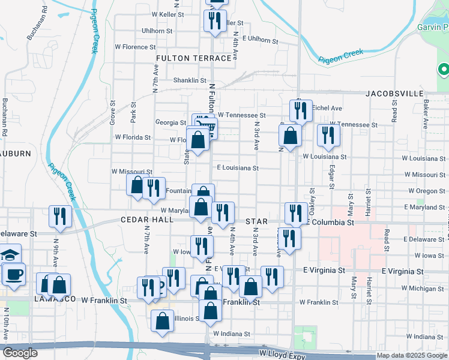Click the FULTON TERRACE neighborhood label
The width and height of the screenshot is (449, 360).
point(193,58)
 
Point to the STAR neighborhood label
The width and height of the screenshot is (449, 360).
point(256,221)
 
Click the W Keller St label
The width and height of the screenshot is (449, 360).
point(170,14)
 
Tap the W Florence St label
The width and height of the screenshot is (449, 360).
point(132,47)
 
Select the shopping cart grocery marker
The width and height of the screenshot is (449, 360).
point(204,125)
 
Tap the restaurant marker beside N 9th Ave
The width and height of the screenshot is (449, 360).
point(60,215)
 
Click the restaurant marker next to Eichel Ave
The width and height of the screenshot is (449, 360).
point(300,110)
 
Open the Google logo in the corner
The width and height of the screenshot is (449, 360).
point(20,353)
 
